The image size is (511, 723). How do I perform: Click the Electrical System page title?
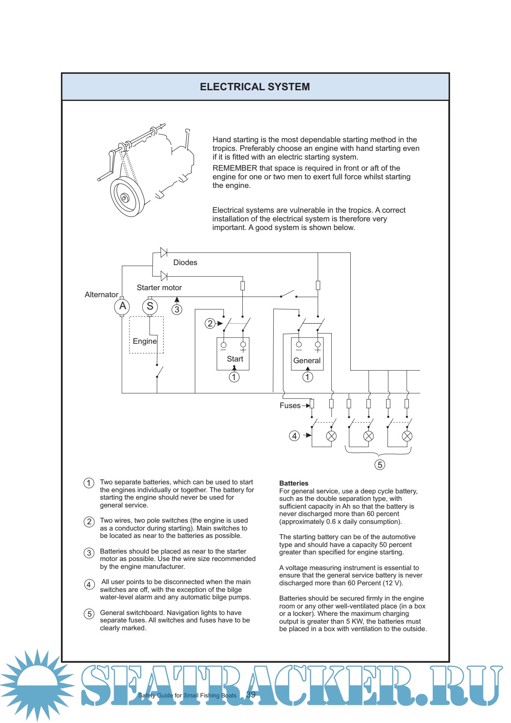point(255,87)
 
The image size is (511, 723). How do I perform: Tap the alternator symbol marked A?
point(122,306)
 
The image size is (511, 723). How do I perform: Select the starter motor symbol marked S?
point(150,306)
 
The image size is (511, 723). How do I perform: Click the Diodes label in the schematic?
point(185,263)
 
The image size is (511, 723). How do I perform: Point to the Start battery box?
point(233,354)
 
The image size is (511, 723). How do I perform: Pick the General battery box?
point(307,354)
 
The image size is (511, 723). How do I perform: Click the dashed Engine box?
point(146,335)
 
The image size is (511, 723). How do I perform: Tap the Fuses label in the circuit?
point(290,406)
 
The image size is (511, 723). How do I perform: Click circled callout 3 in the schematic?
point(177,310)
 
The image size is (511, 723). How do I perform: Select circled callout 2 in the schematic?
point(210,324)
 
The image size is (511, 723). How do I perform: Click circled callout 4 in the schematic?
point(294,436)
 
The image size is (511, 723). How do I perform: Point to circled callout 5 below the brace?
point(380,465)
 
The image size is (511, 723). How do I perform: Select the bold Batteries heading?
point(294,483)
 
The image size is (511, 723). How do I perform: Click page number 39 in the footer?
point(251,695)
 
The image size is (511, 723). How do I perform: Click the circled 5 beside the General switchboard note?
point(89,614)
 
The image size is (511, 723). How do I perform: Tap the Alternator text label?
point(101,295)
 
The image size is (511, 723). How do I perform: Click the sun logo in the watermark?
point(37,684)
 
